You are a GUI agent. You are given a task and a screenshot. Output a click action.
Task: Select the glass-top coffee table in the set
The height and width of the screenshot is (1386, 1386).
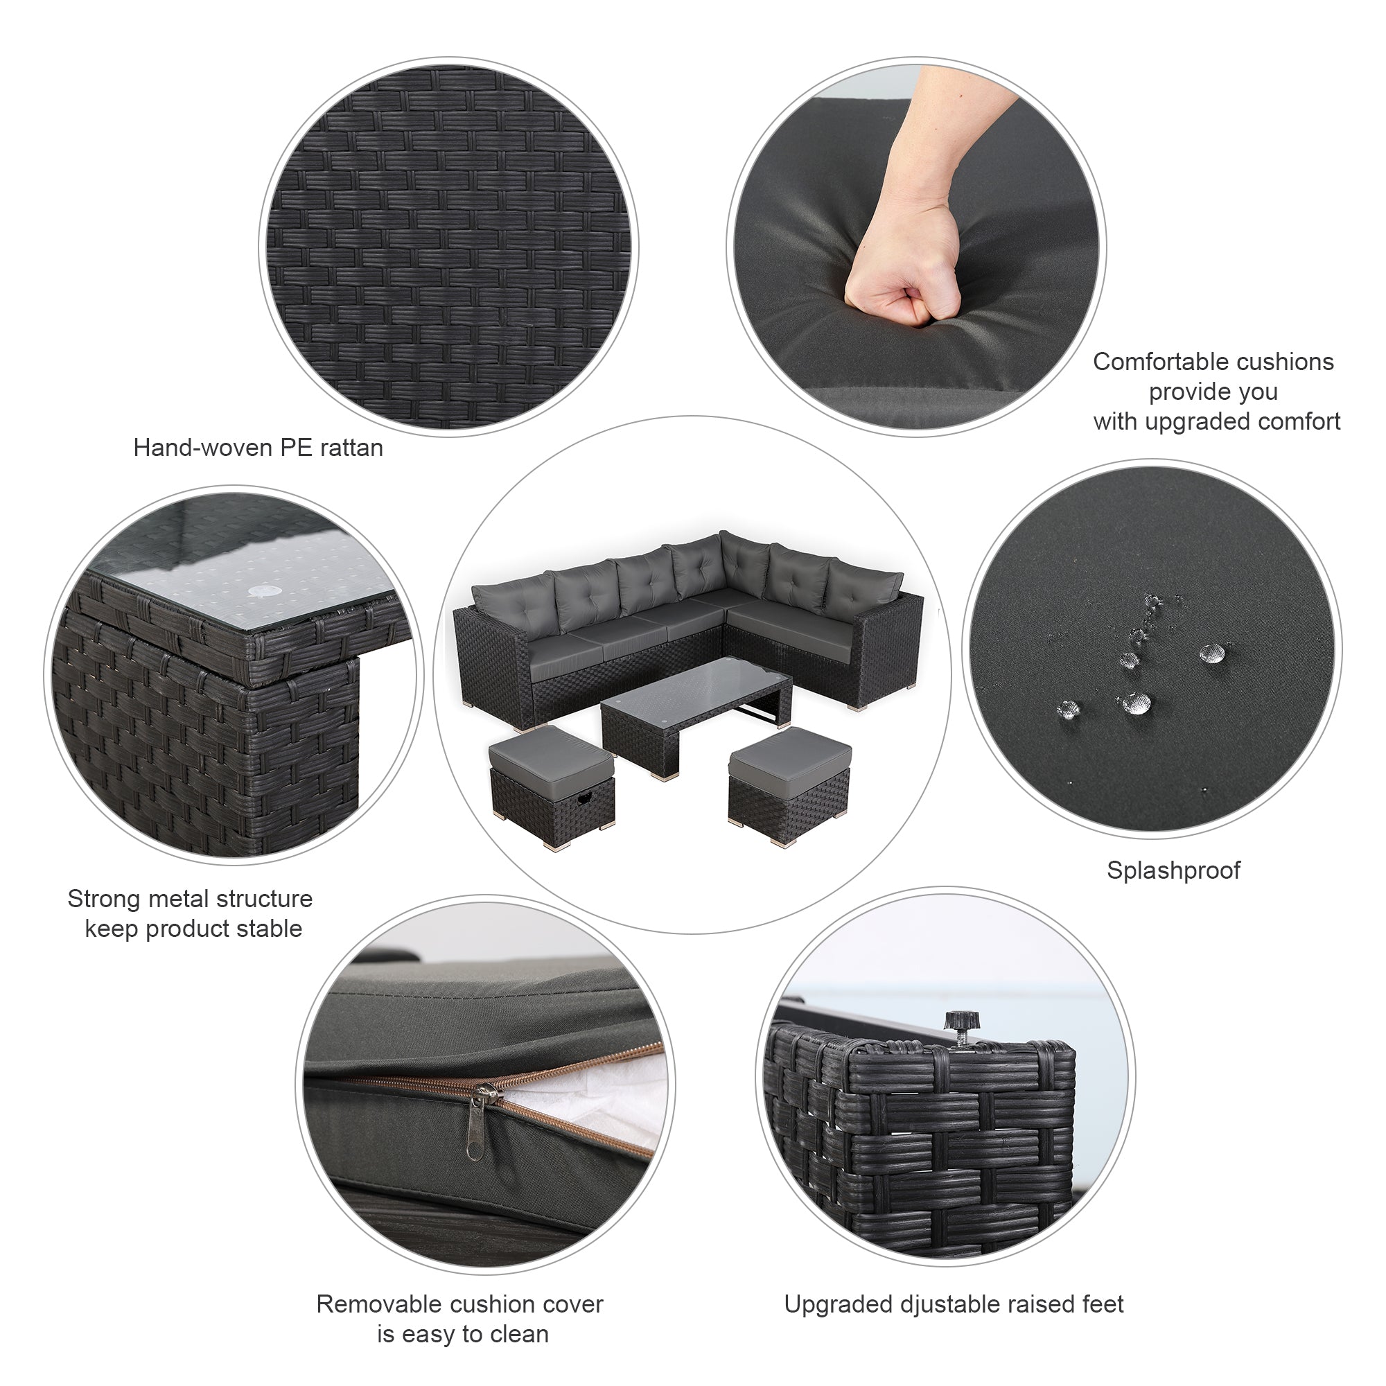(696, 714)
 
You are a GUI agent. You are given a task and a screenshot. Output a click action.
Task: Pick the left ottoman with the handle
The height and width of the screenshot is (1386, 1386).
(551, 787)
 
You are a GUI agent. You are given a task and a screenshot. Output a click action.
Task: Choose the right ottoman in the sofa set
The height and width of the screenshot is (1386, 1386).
(789, 787)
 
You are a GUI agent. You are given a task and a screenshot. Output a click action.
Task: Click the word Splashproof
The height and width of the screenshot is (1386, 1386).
(1173, 871)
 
